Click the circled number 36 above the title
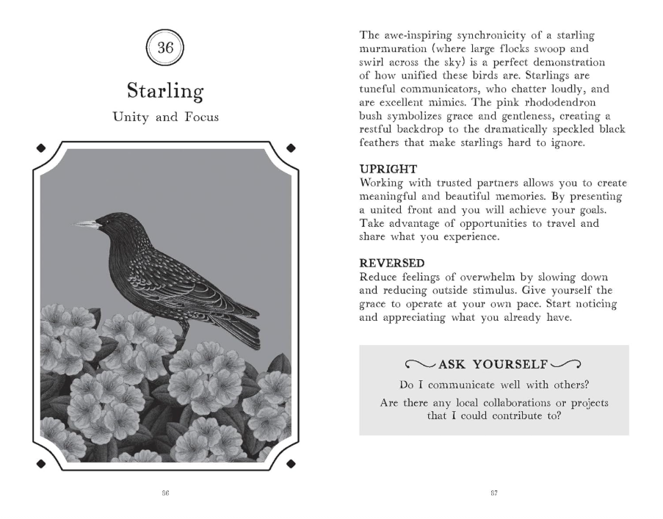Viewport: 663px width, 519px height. pos(165,49)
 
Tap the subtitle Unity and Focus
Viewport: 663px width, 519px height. pos(164,117)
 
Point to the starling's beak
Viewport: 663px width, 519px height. pos(85,223)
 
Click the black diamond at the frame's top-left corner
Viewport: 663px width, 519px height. pos(41,148)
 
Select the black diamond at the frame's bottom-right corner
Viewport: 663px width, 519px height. pos(291,463)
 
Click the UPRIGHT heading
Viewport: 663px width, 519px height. pos(385,170)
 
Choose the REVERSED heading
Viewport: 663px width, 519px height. pos(388,262)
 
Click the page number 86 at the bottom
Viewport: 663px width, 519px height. pos(165,493)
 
